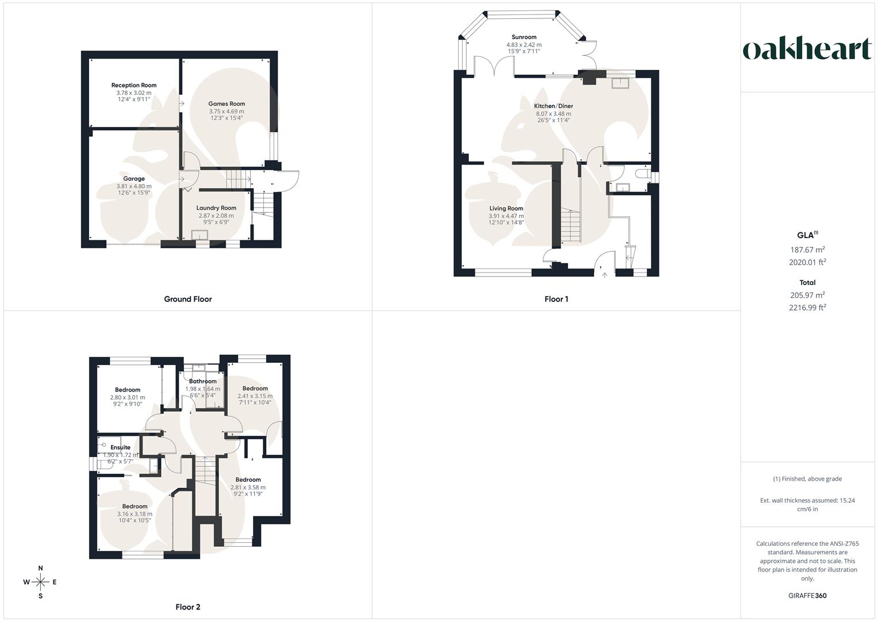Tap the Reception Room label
coord(134,85)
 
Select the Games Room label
coord(227,104)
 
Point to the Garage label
coord(134,179)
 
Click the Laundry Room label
coord(216,208)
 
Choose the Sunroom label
coord(524,37)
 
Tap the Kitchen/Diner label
coord(554,106)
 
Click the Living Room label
coord(506,209)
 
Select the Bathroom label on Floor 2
coord(203,381)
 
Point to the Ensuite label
coord(120,447)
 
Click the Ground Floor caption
coord(188,299)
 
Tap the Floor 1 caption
coord(556,299)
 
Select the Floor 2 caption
coord(188,607)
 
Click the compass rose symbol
coord(40,582)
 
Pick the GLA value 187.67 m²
coord(807,250)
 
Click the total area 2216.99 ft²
coord(807,308)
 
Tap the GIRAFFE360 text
coord(807,596)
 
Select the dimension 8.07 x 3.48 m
coord(554,114)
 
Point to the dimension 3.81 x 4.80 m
coord(134,186)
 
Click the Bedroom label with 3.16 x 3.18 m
coord(135,507)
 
